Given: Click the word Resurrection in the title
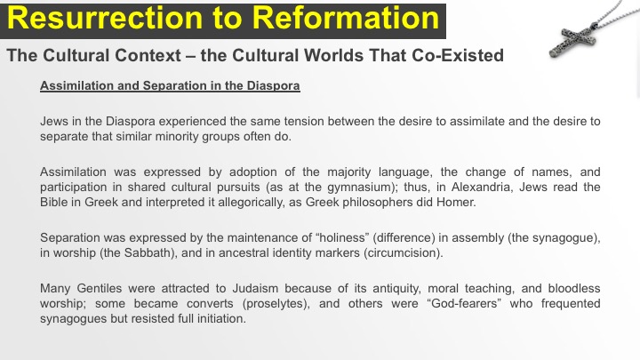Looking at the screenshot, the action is (105, 19).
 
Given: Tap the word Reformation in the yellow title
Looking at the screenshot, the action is (345, 19).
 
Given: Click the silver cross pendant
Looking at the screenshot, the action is (573, 41).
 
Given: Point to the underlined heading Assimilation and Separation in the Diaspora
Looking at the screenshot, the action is (170, 85).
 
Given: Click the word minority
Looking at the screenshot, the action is (179, 136).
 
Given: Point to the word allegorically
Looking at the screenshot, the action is (251, 203).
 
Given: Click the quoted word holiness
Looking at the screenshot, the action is (343, 237).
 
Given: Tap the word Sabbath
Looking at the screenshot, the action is (147, 252).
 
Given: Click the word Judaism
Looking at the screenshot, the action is (255, 288).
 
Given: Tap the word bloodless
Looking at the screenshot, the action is (574, 288).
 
